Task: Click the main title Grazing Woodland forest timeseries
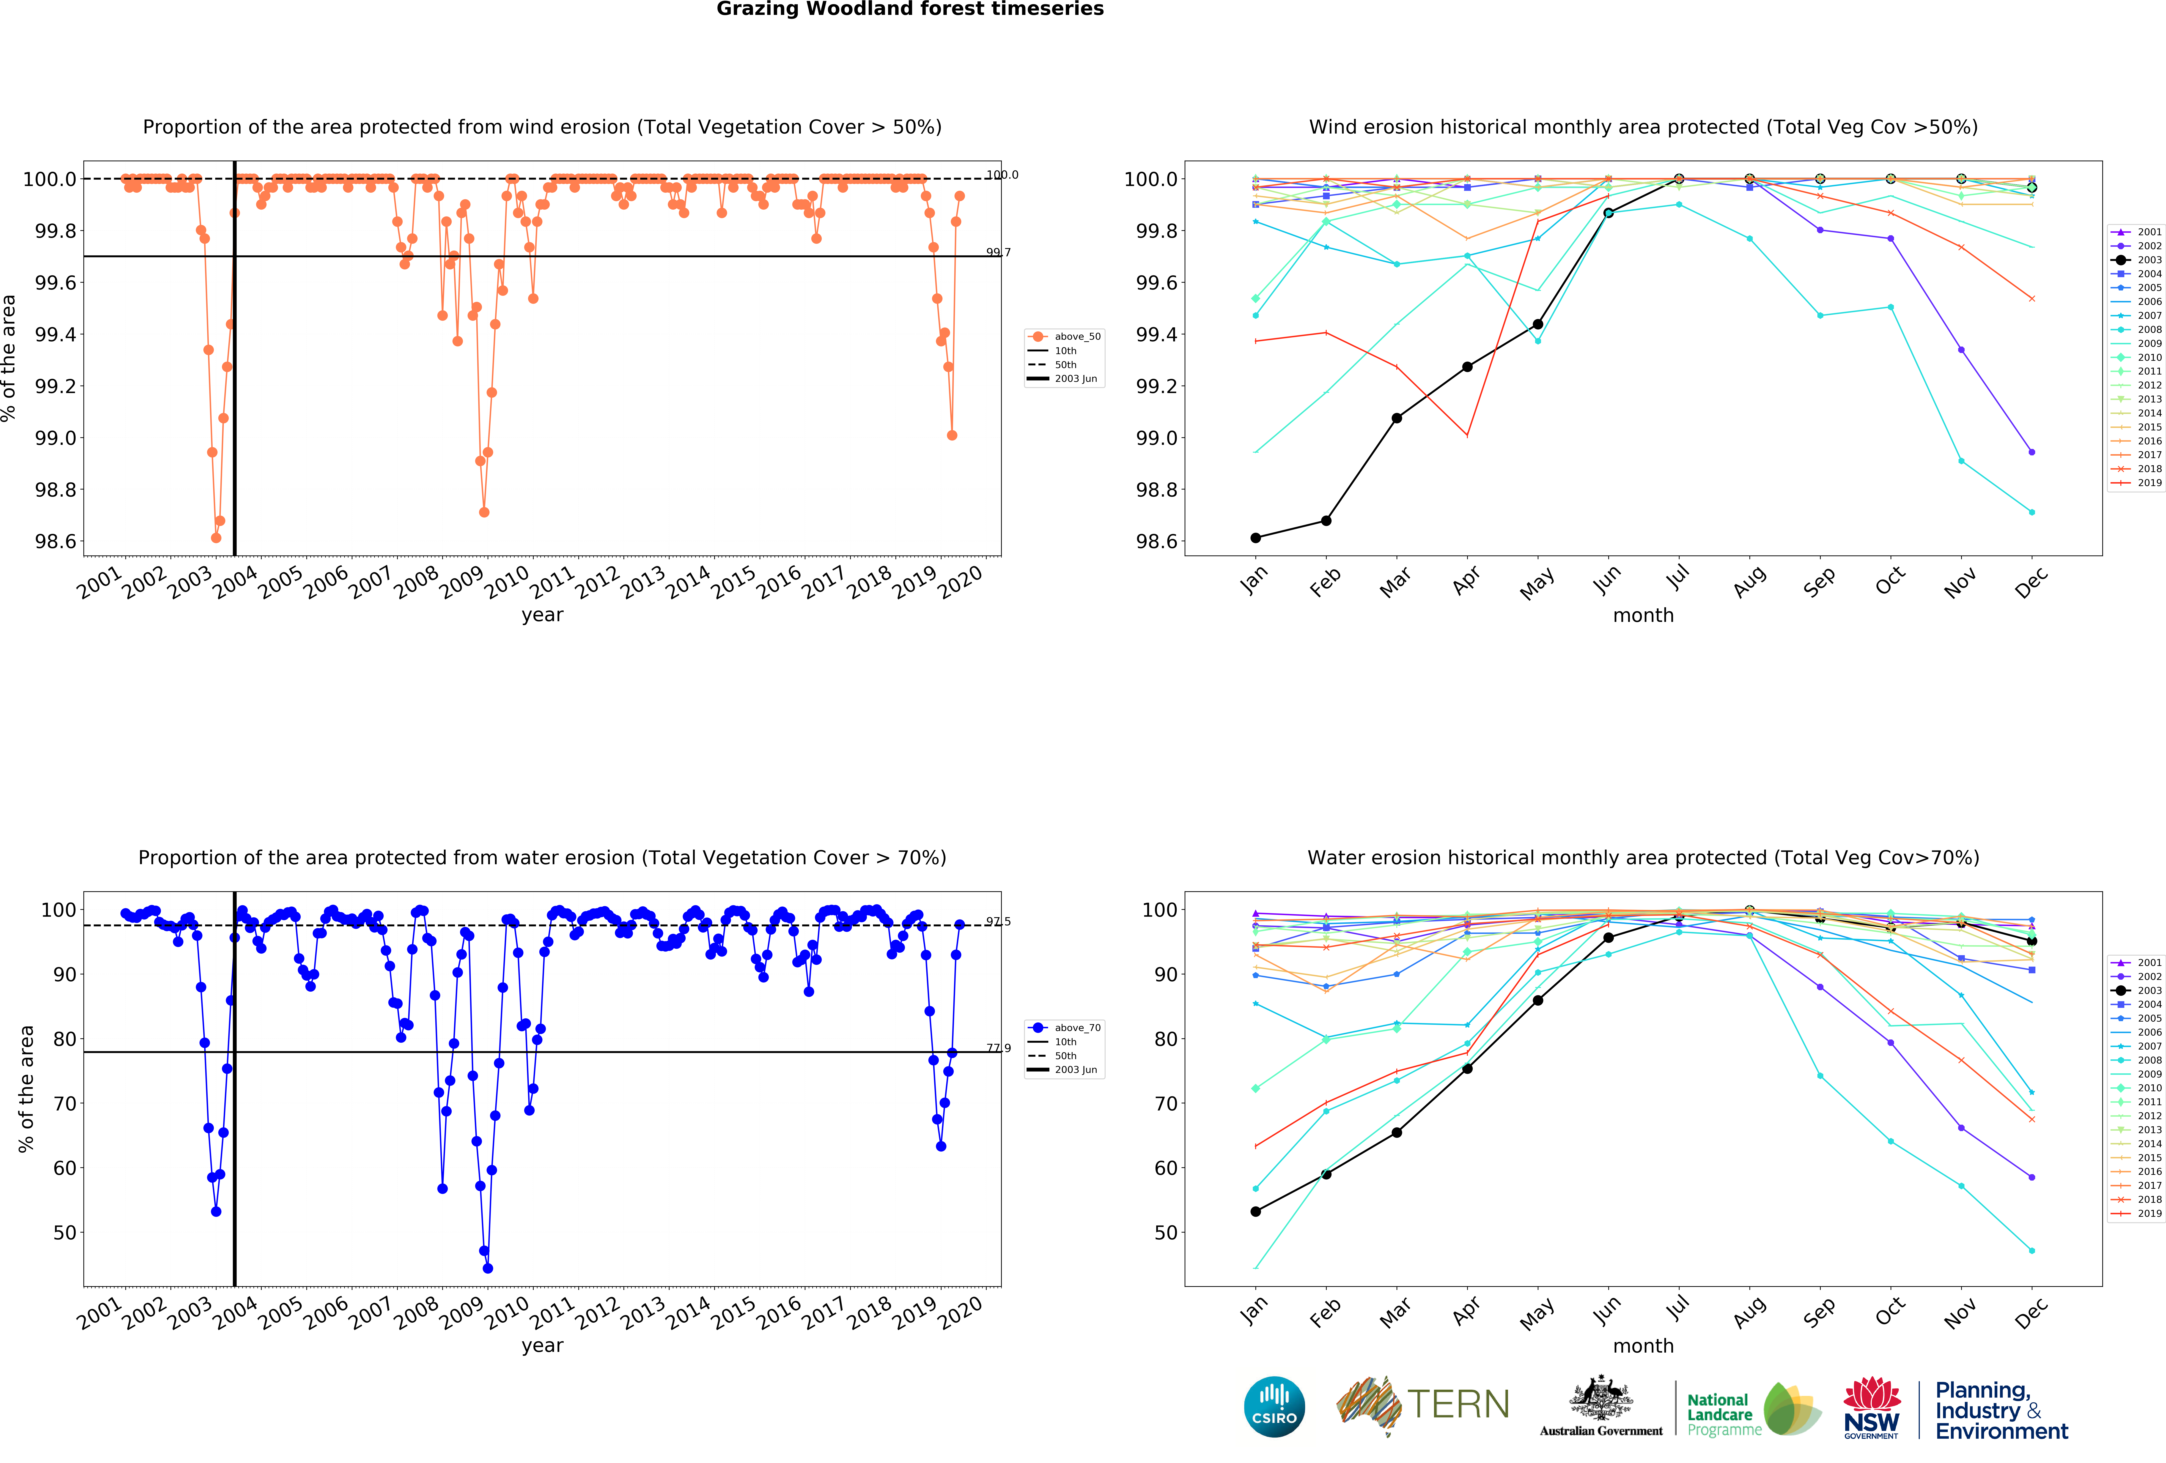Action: tap(910, 9)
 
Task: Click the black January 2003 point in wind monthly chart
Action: tap(1255, 538)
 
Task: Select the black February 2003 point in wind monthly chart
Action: tap(1326, 521)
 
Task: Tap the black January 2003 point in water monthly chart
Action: tap(1255, 1211)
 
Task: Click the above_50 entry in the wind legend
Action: tap(1076, 336)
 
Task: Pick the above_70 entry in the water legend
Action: tap(1076, 1028)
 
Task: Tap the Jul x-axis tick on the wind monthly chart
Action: tap(1678, 578)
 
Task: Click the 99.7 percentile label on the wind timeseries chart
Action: tap(998, 252)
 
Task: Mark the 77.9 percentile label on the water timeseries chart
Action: tap(998, 1048)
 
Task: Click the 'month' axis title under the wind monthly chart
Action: tap(1643, 615)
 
